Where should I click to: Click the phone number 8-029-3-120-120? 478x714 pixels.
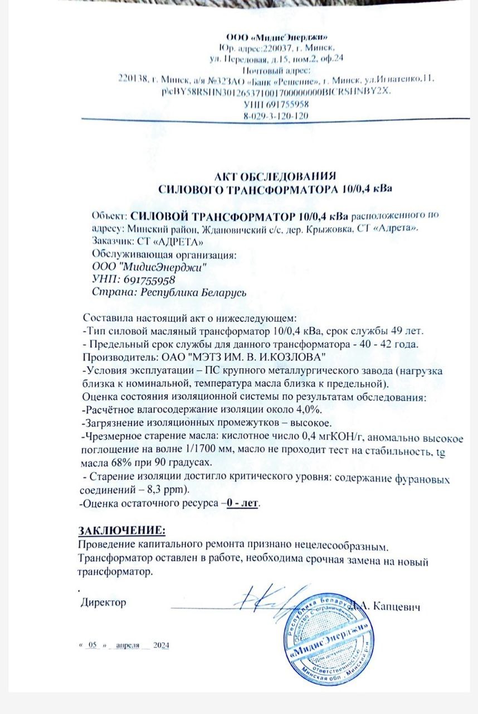276,115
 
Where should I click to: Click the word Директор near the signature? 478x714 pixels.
104,602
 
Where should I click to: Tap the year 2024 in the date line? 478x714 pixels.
161,645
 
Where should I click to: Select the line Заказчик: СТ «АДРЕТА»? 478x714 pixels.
143,242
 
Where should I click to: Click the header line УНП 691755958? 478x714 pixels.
276,104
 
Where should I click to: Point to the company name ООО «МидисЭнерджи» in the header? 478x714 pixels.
276,37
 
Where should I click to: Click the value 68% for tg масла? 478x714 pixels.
119,464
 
